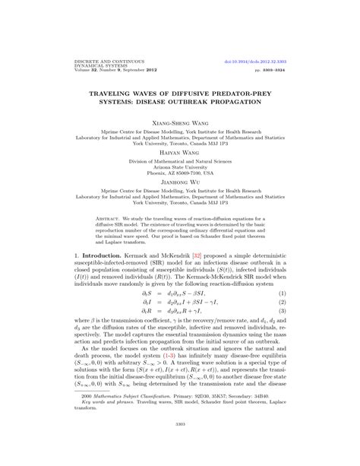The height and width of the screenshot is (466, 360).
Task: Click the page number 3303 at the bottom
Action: (x=180, y=445)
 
